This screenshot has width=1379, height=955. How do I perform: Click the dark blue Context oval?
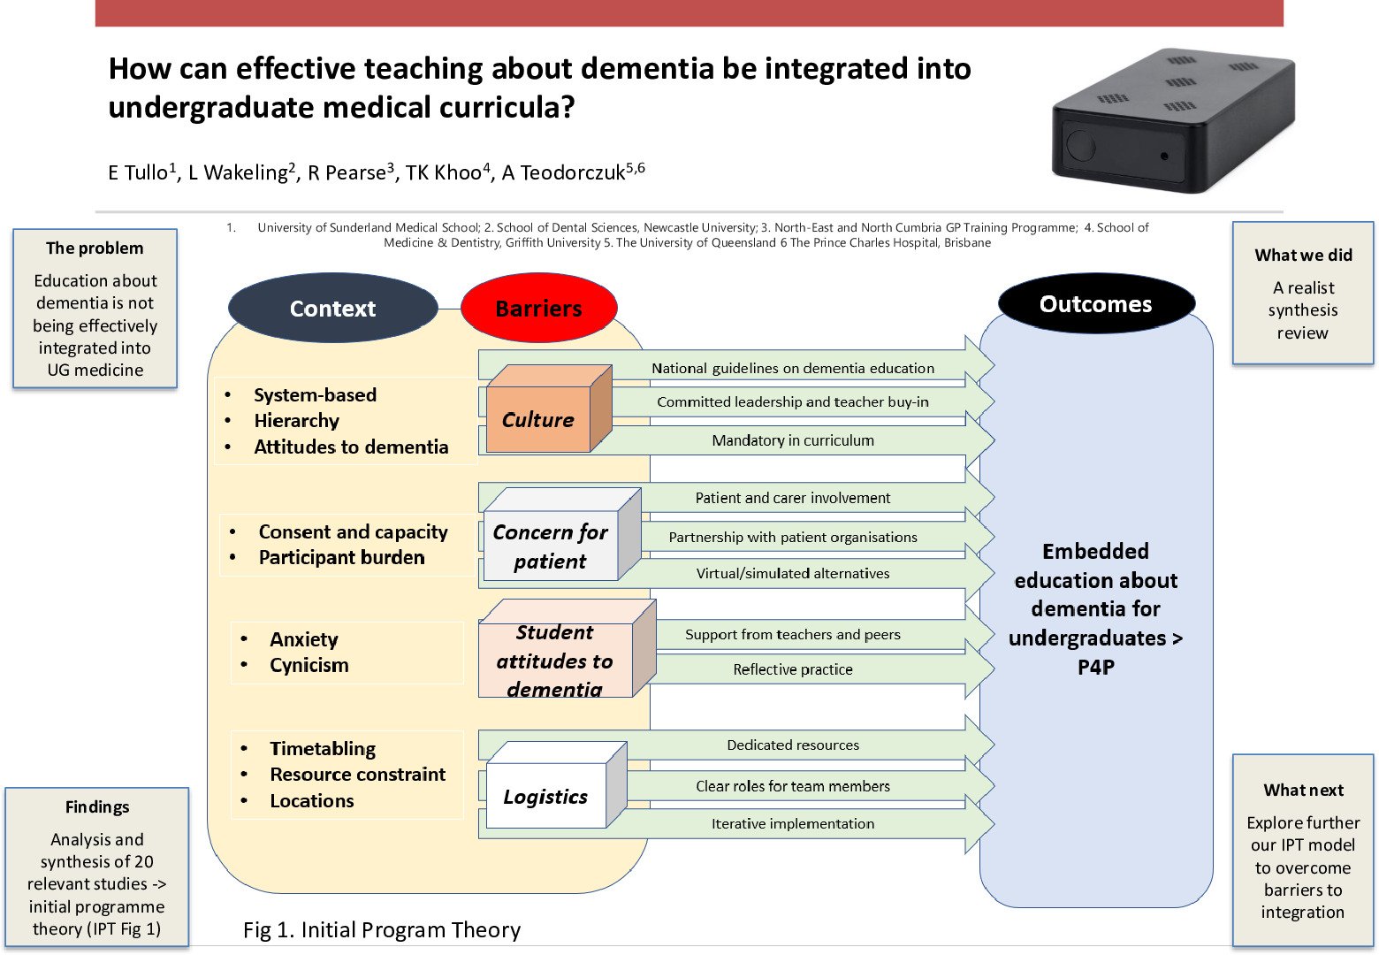[332, 309]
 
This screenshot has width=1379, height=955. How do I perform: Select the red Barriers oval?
[538, 309]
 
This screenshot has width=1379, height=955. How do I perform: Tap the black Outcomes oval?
[1095, 304]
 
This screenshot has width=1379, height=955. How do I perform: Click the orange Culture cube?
[539, 419]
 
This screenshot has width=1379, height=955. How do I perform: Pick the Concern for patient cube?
[551, 546]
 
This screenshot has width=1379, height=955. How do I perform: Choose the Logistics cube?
[546, 796]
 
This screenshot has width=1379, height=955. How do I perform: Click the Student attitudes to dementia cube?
[555, 660]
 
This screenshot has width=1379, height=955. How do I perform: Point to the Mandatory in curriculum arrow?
[793, 440]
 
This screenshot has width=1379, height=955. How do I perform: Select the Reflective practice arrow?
[793, 669]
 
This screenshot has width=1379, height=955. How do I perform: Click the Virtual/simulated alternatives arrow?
[793, 573]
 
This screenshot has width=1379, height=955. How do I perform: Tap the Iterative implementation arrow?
[793, 823]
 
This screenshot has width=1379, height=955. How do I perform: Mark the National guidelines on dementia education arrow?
[793, 368]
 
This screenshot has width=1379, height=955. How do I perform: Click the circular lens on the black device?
[1081, 145]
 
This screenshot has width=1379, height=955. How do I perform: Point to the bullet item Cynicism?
[309, 665]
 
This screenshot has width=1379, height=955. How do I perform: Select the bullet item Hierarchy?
[296, 421]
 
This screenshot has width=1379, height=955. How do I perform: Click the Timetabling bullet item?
[323, 748]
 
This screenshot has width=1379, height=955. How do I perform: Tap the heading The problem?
[95, 248]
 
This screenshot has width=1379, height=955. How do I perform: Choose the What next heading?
[1303, 790]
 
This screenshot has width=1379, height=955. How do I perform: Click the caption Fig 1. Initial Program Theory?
[382, 929]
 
